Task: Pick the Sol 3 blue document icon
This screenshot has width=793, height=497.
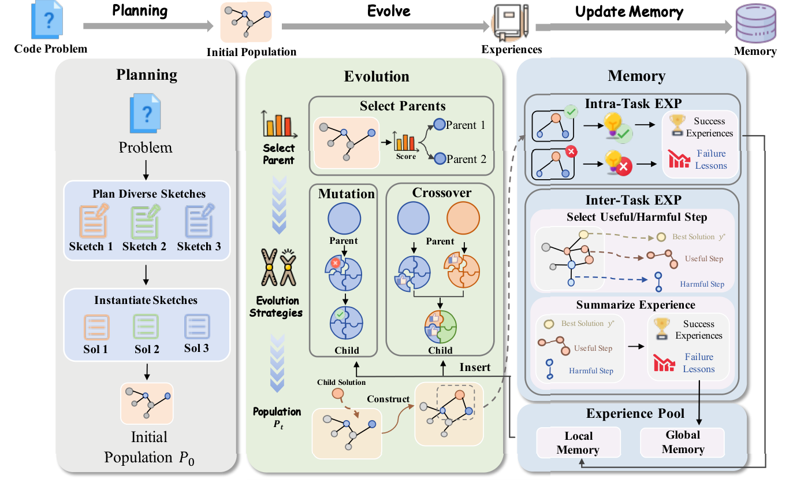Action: tap(197, 327)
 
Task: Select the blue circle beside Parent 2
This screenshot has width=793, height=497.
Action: tap(440, 158)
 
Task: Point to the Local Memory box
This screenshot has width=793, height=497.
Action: tap(578, 443)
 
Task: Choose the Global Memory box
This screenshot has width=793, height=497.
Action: tap(683, 442)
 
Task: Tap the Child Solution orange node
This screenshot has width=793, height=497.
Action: tap(338, 395)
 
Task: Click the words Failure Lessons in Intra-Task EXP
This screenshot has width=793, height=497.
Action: tap(711, 160)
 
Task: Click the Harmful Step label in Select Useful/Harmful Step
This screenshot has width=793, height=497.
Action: tap(702, 284)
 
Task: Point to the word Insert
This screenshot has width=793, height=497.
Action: tap(475, 367)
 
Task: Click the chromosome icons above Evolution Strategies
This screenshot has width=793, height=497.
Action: tap(278, 268)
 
